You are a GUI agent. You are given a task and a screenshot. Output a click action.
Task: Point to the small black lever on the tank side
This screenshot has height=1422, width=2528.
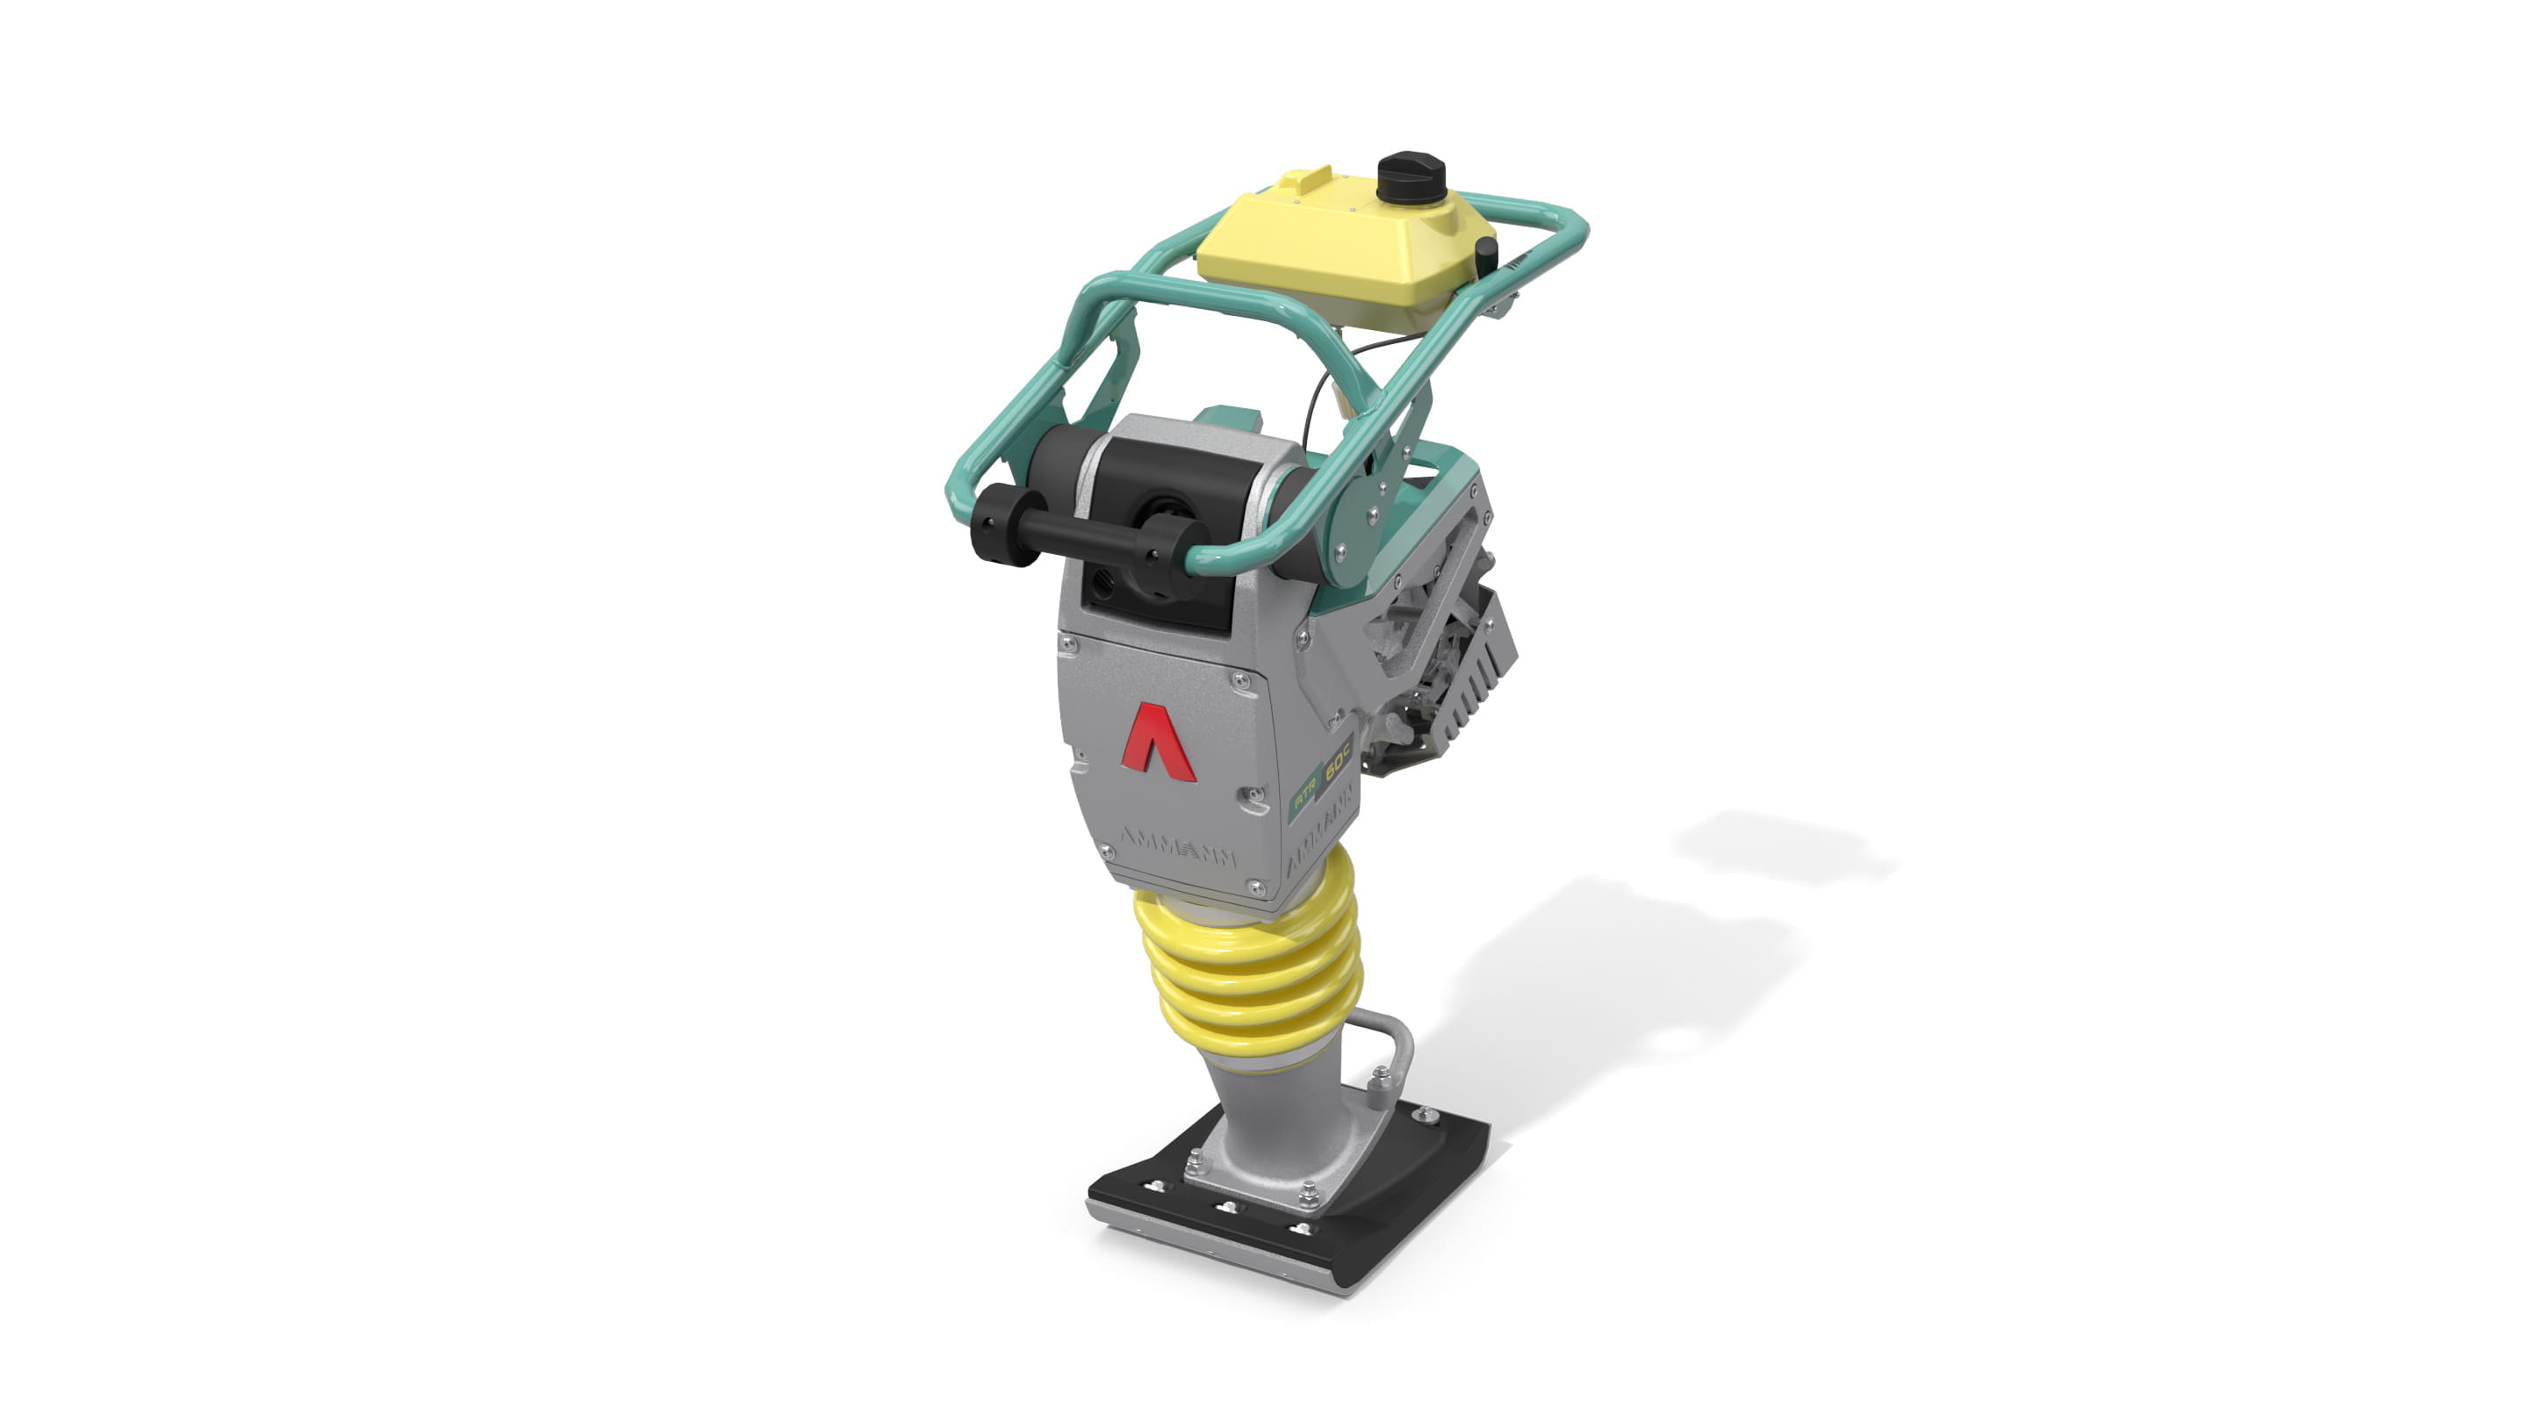pyautogui.click(x=1486, y=256)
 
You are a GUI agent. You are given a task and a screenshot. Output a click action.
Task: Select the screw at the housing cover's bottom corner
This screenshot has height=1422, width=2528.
pyautogui.click(x=1255, y=887)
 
